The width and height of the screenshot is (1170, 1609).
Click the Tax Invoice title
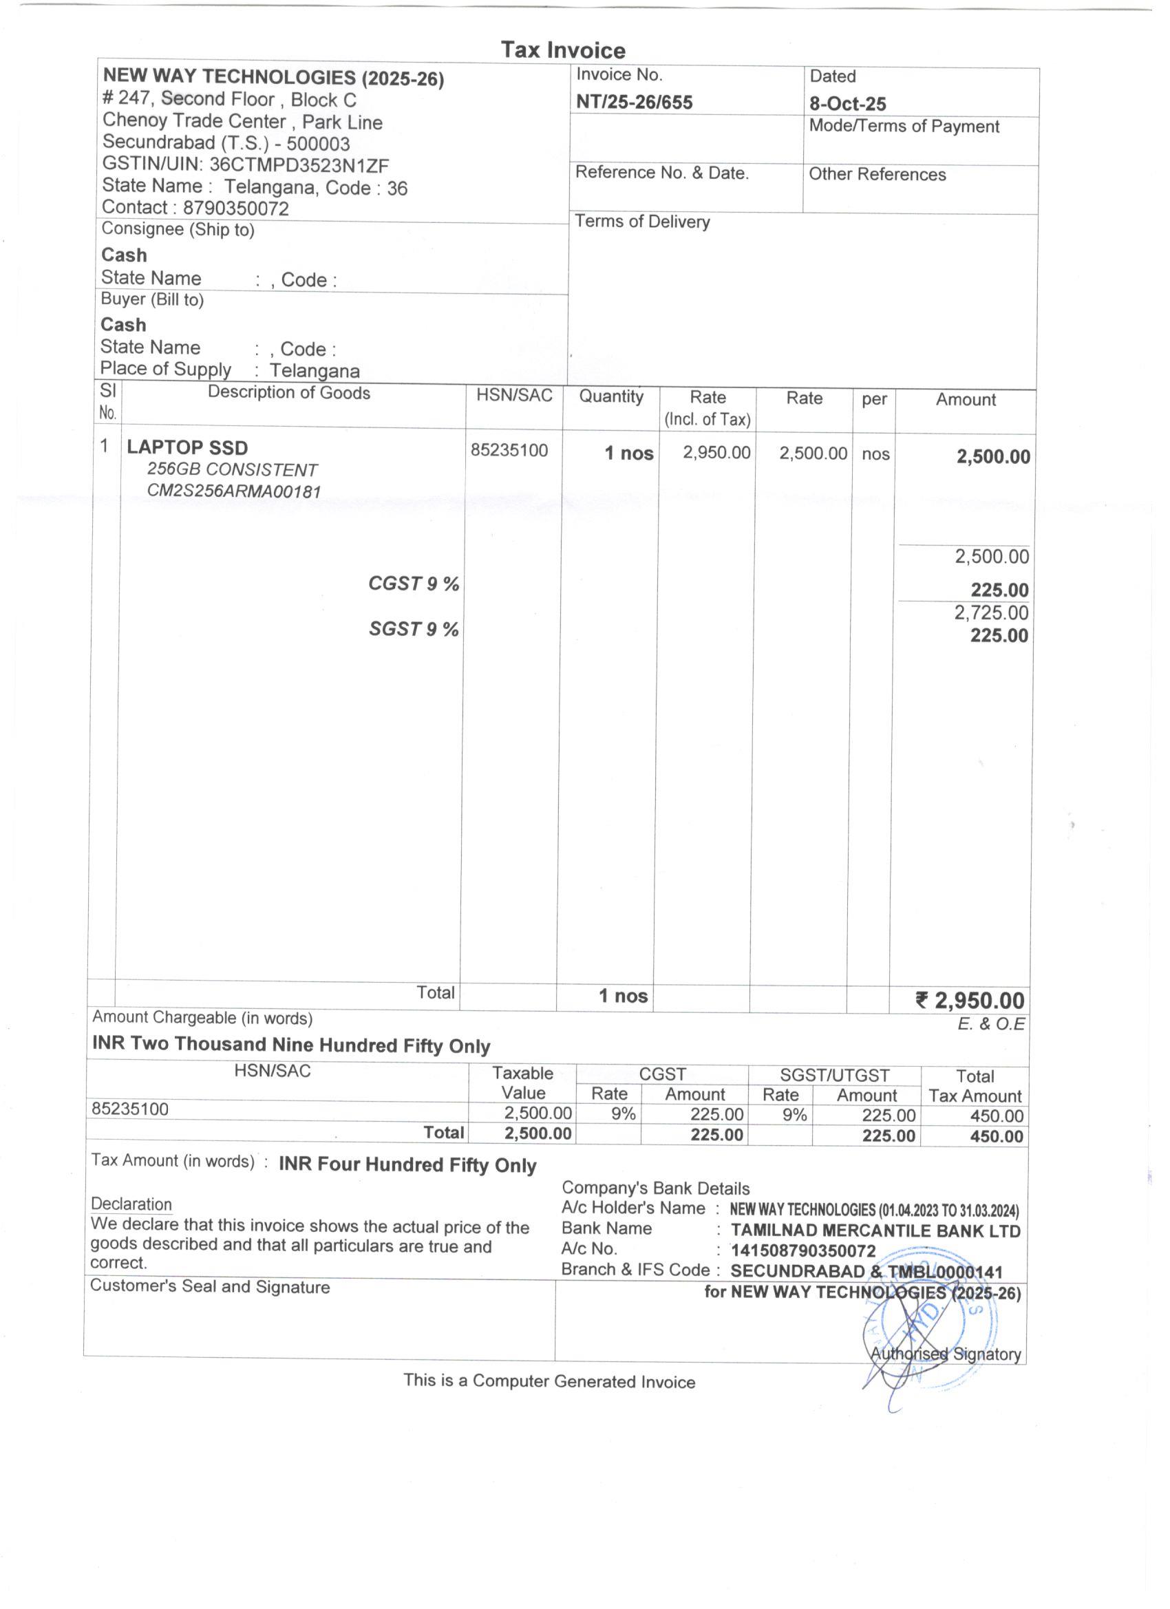tap(563, 50)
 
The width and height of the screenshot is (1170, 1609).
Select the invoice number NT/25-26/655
tap(634, 102)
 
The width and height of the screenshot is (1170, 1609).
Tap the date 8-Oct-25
tap(847, 104)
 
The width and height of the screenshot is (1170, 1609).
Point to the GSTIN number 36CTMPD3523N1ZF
tap(299, 165)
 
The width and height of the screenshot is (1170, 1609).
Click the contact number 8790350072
tap(235, 208)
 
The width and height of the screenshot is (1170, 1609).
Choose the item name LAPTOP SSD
tap(187, 447)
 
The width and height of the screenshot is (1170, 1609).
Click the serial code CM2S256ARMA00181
tap(234, 491)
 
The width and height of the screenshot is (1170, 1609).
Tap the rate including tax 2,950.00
tap(716, 452)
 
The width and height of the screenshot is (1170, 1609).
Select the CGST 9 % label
tap(413, 583)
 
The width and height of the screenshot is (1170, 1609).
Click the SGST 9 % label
tap(413, 628)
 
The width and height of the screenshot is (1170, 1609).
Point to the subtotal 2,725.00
tap(990, 612)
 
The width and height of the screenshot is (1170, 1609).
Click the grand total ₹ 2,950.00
tap(970, 1001)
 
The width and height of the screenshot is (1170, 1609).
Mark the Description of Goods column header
tap(289, 393)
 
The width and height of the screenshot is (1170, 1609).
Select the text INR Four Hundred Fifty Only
tap(407, 1165)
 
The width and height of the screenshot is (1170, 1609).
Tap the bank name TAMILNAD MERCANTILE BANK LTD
tap(875, 1230)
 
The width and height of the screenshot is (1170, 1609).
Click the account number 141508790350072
tap(803, 1250)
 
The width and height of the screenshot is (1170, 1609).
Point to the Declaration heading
tap(131, 1204)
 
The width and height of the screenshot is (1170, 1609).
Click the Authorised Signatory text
tap(945, 1354)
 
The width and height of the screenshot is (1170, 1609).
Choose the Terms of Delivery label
tap(642, 222)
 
